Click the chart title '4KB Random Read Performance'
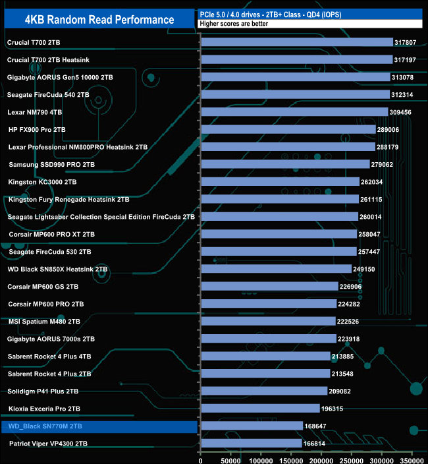(99, 19)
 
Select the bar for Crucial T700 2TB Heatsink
(296, 59)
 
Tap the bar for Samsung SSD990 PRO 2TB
(285, 164)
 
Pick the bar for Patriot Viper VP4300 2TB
(251, 444)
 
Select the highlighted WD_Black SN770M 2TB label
(46, 427)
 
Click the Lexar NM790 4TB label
(34, 112)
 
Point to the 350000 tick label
(413, 456)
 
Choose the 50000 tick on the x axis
(230, 456)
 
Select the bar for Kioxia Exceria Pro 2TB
(260, 409)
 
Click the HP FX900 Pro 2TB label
(38, 129)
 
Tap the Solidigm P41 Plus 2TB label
(43, 391)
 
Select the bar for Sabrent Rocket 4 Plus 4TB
(265, 357)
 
